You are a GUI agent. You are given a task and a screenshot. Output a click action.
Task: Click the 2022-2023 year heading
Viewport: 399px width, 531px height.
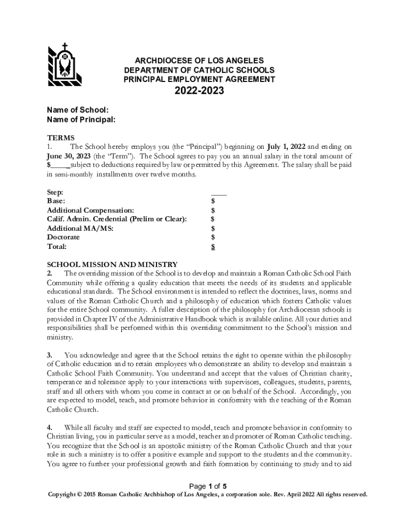tap(199, 92)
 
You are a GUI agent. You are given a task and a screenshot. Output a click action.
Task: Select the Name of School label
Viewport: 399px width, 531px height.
tap(78, 110)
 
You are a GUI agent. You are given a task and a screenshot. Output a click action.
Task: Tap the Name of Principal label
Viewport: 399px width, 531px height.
tap(81, 120)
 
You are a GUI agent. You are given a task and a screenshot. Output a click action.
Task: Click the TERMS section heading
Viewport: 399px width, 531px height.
tap(61, 138)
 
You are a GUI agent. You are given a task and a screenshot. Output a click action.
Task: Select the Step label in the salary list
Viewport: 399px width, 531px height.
tap(55, 192)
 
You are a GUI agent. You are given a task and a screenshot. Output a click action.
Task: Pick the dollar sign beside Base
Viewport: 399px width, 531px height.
tap(213, 201)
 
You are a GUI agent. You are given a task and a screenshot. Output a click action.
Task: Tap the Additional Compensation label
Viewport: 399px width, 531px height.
tap(91, 210)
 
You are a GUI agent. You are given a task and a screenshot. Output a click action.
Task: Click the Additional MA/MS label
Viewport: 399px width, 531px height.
tap(80, 228)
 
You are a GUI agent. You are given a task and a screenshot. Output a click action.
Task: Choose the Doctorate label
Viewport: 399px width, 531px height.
tap(64, 237)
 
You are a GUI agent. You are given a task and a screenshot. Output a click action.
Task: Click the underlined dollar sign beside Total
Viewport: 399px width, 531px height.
tap(213, 247)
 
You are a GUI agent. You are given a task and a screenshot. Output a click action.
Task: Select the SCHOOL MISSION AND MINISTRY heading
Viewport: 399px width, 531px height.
tap(112, 264)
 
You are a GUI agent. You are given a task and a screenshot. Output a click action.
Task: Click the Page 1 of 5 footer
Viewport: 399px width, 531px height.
tap(208, 486)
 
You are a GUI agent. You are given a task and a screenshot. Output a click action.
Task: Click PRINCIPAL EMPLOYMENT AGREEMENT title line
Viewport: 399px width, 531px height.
tap(199, 79)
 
